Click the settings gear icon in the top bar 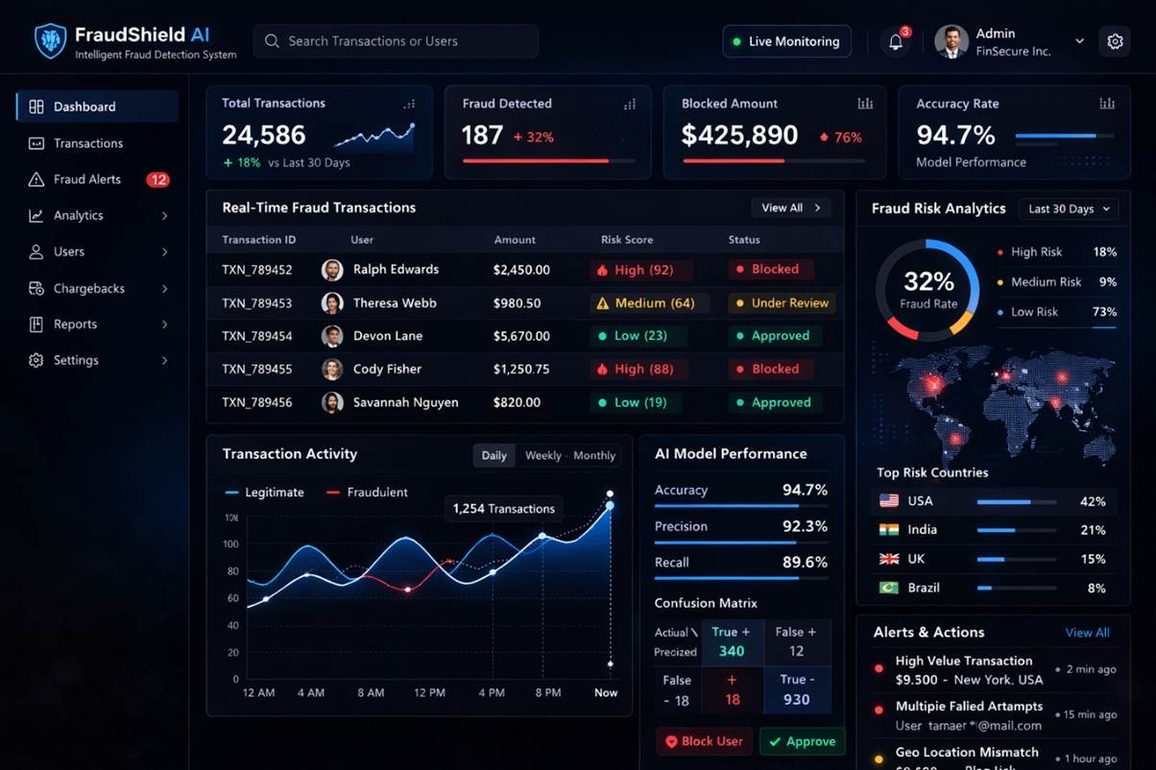click(1115, 42)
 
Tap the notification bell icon click(895, 42)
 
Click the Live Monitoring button click(786, 41)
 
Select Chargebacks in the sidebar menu click(88, 288)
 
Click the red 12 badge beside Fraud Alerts click(157, 180)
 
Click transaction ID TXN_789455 click(256, 370)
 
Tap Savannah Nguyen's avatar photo click(332, 402)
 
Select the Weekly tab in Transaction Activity click(542, 455)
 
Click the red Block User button click(704, 741)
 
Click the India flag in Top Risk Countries click(889, 530)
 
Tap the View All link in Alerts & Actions click(1087, 633)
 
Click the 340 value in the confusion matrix click(732, 651)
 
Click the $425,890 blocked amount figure click(739, 135)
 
